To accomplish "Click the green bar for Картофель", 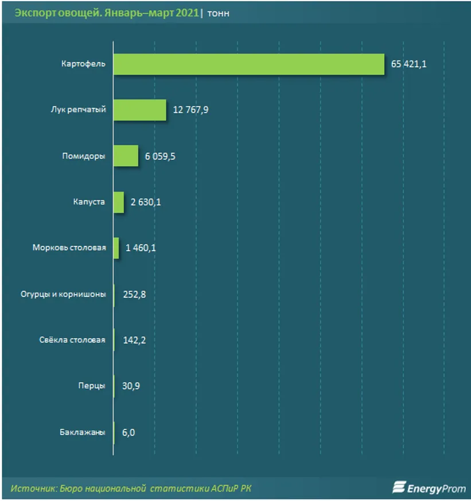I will pos(248,64).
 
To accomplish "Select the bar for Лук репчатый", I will pos(139,110).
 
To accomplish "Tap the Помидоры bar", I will pos(126,156).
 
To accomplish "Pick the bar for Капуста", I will pos(118,202).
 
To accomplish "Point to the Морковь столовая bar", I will pos(116,248).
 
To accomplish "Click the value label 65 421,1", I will pos(408,64).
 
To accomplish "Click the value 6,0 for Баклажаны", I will pos(129,432).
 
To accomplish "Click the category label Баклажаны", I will pos(82,432).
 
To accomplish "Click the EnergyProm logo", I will pos(429,488).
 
